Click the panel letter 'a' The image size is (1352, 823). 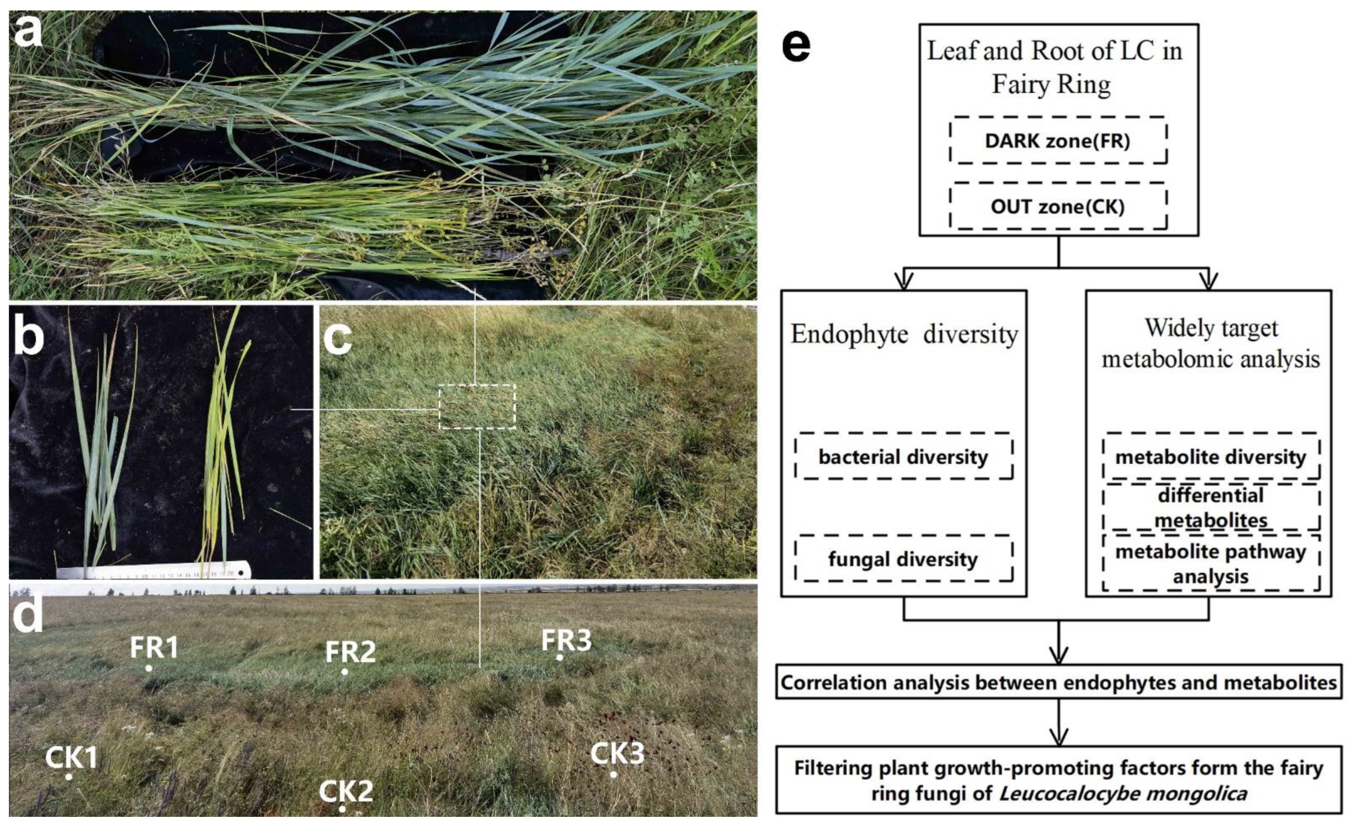(27, 32)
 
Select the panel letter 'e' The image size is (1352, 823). (796, 47)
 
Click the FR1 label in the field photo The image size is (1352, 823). (154, 647)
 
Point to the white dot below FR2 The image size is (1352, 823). (345, 672)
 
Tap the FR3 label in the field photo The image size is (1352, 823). (566, 640)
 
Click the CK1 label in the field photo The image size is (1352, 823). (71, 758)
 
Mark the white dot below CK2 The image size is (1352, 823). (342, 809)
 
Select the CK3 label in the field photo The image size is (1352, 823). (617, 753)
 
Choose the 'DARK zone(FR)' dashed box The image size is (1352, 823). (1058, 140)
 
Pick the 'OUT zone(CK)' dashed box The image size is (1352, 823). (1058, 206)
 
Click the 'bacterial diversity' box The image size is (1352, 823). (903, 457)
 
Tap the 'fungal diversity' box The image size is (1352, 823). (903, 558)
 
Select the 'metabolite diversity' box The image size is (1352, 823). (1210, 457)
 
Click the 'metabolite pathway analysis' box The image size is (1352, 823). (1210, 563)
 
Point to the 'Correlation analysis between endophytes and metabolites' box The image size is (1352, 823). (1058, 682)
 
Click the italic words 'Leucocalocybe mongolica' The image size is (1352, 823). (1123, 793)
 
